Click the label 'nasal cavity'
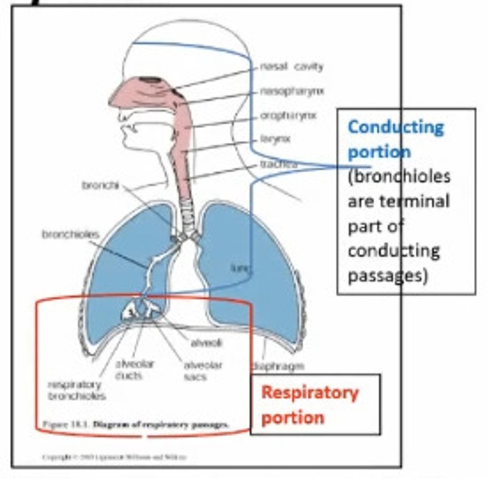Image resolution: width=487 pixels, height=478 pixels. (291, 67)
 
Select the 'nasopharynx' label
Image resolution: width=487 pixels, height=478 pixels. (292, 91)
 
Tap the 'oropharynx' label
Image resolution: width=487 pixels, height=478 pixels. (289, 116)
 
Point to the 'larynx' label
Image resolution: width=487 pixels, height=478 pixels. (275, 139)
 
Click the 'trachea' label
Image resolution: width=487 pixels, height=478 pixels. (279, 164)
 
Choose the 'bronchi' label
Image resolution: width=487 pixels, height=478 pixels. (100, 185)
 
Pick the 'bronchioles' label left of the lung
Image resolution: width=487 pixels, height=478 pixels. (70, 234)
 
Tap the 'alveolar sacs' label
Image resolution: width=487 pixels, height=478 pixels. (202, 370)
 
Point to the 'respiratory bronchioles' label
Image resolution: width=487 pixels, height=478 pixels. (77, 390)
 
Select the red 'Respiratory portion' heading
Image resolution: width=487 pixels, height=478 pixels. (310, 405)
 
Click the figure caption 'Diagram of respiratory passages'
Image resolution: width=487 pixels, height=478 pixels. (161, 424)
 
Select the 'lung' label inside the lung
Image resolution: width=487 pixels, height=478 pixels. (240, 269)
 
